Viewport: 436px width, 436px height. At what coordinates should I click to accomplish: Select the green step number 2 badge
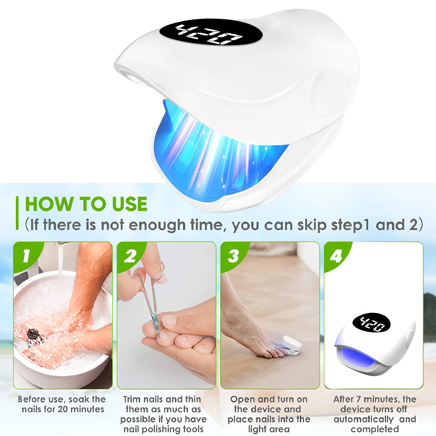pos(130,256)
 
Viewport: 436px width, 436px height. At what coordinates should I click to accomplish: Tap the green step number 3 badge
pos(233,256)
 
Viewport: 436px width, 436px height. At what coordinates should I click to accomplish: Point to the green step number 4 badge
pos(336,256)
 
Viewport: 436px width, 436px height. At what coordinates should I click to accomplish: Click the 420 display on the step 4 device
pos(371,324)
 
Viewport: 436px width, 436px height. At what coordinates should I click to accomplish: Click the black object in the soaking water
pos(33,334)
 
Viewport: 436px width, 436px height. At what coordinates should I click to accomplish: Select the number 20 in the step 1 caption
pos(63,409)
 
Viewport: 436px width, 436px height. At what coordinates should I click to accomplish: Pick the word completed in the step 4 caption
pos(375,429)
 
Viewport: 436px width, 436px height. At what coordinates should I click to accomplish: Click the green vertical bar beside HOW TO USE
pos(17,213)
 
